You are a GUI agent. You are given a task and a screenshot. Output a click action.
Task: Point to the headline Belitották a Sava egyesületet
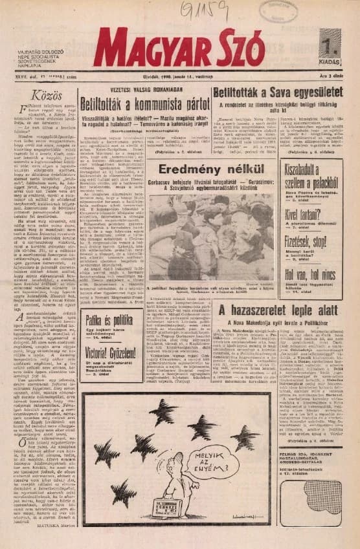[x=278, y=92]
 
